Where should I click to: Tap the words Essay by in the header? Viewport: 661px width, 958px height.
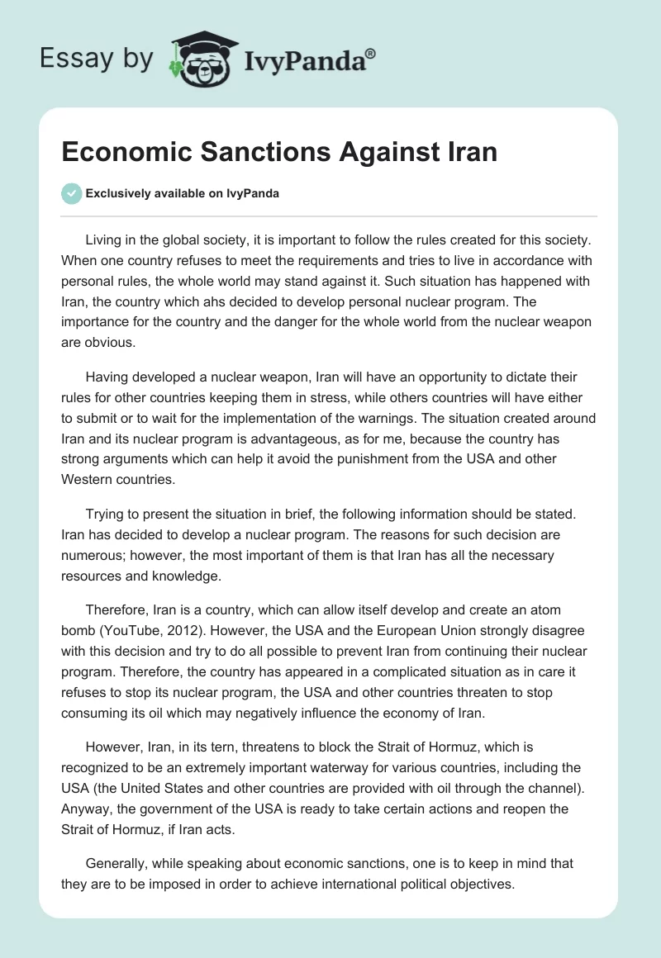point(97,58)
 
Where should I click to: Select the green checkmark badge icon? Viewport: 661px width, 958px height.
point(71,193)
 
